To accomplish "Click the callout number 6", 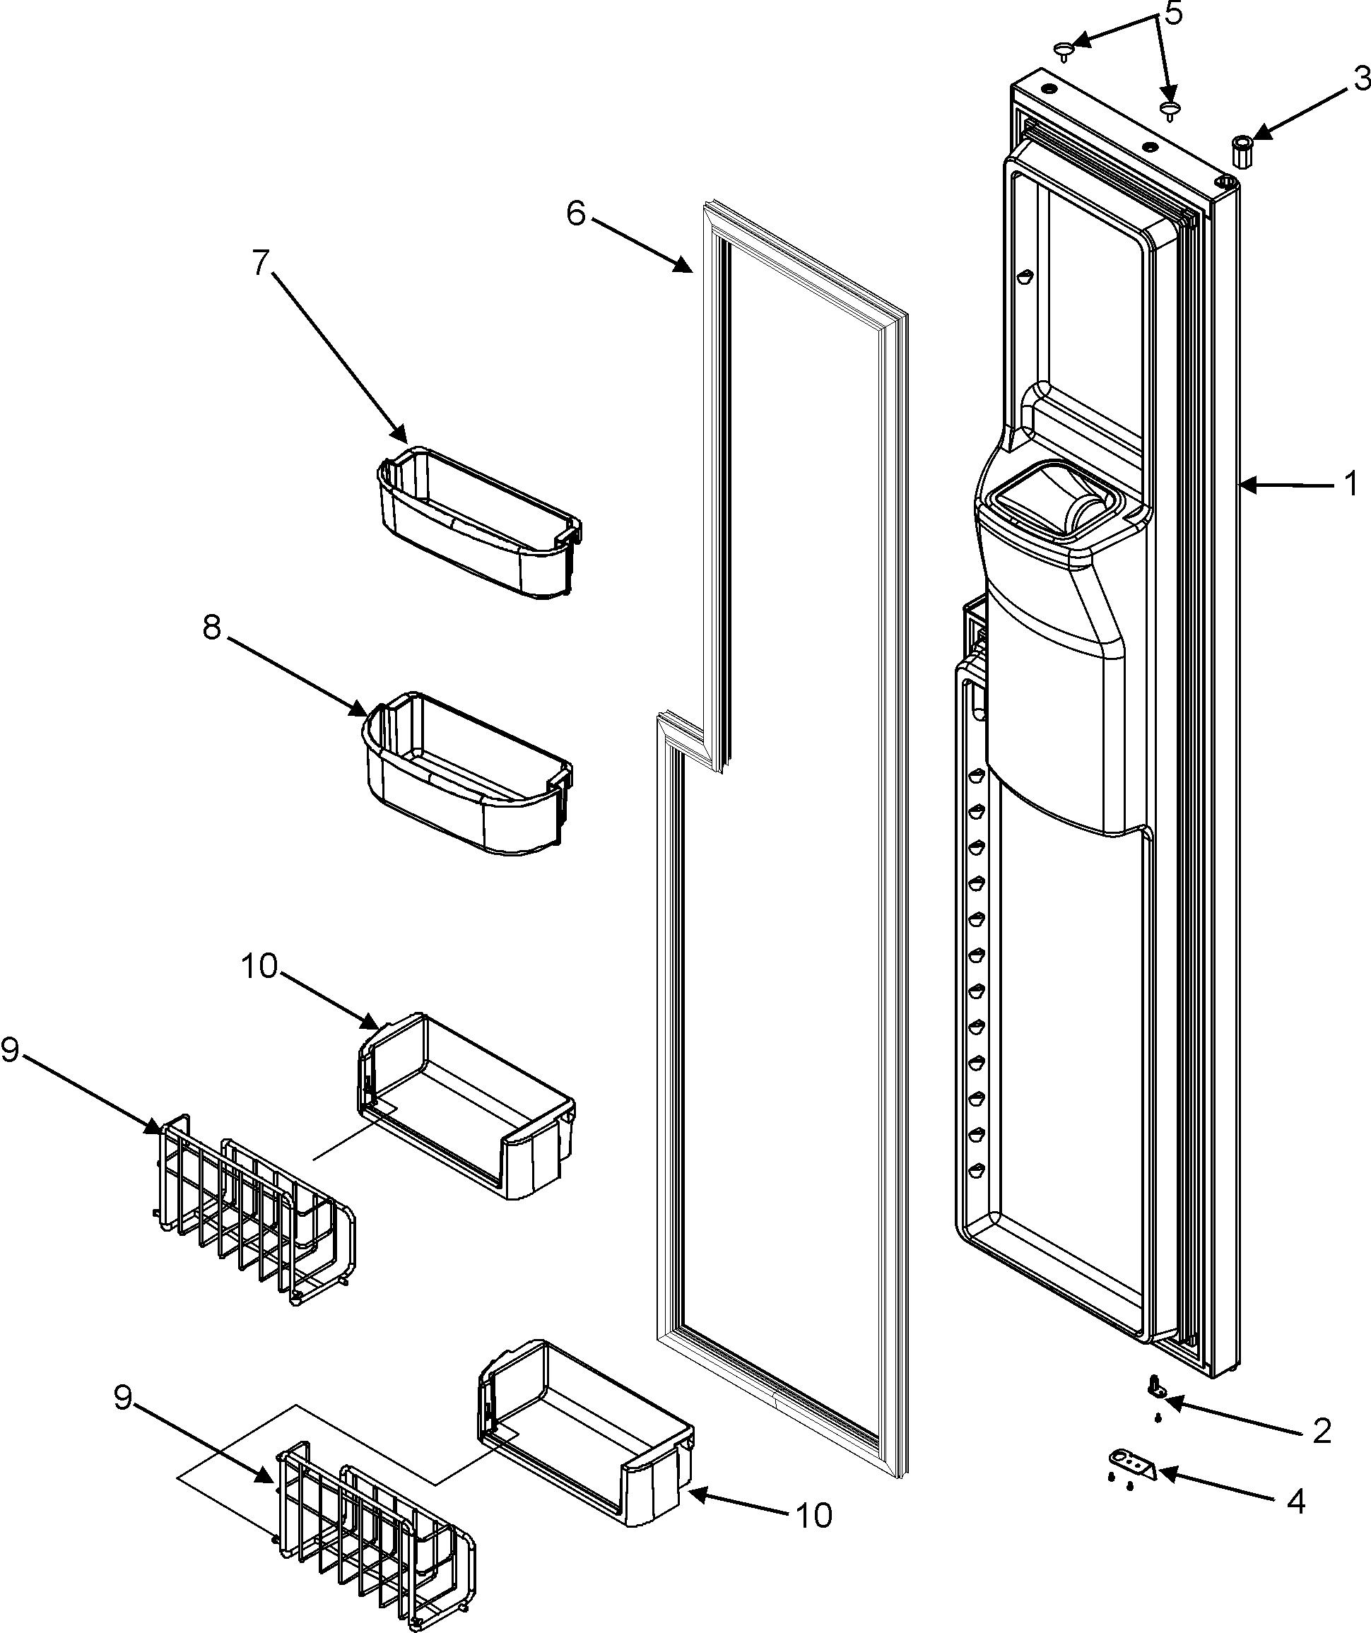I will (575, 212).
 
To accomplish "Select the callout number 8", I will (211, 627).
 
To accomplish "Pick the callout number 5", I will (1173, 13).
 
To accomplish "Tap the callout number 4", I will (1295, 1502).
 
